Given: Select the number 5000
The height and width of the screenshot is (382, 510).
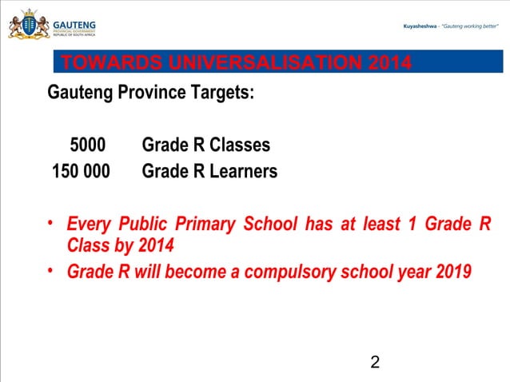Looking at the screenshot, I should coord(88,145).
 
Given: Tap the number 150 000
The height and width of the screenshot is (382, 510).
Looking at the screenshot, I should coord(81,171).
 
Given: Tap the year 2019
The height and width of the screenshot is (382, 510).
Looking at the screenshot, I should coord(454,272).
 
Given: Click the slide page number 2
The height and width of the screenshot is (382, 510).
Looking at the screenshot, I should coord(375,364).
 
